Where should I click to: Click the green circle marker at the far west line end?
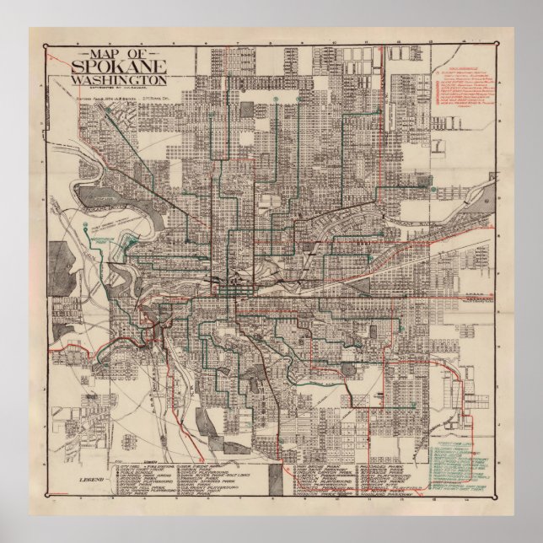pyautogui.click(x=87, y=225)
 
